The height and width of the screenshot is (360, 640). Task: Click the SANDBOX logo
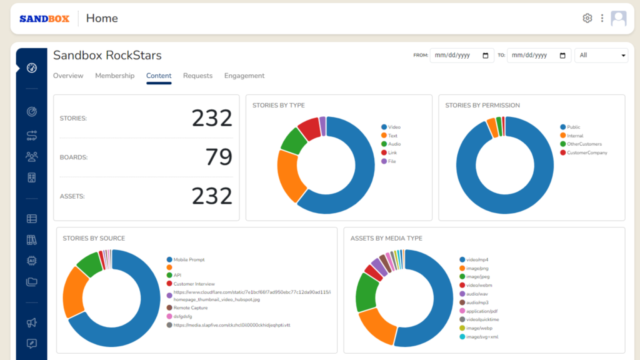[44, 19]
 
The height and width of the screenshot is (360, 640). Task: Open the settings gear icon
[587, 18]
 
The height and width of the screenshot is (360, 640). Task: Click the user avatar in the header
[618, 18]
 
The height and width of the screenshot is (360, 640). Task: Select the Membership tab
[114, 76]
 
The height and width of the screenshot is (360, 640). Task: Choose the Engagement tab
[244, 76]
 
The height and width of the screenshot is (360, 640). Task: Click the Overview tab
[68, 76]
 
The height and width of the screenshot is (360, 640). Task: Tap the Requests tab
[197, 76]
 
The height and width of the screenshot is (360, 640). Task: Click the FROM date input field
[461, 55]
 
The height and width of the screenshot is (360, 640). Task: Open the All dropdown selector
[601, 55]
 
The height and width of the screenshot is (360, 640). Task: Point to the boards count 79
[219, 157]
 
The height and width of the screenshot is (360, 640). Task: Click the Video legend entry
[394, 127]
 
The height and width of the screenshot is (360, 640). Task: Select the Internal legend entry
[574, 136]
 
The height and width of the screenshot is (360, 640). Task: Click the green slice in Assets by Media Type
[365, 292]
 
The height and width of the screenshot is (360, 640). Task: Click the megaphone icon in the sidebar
[32, 323]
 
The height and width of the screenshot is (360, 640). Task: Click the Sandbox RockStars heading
[107, 55]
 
